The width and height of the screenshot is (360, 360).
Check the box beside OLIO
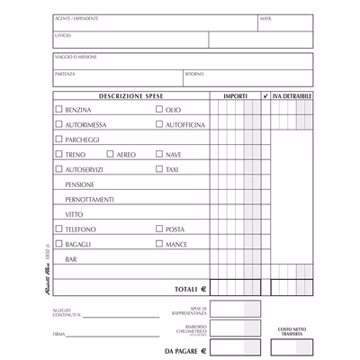pos(159,109)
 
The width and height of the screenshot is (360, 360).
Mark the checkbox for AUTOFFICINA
pos(159,124)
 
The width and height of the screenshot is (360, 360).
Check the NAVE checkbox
pos(159,154)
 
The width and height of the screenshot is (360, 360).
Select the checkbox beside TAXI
pos(159,169)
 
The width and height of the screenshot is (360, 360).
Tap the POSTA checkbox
pos(159,229)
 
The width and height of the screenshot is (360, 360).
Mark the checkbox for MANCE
pos(159,244)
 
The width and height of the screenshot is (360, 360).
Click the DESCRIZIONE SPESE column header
pos(131,94)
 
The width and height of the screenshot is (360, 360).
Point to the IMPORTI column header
pos(236,94)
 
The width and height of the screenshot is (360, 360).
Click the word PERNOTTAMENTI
pos(89,199)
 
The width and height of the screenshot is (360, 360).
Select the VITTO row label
pos(73,214)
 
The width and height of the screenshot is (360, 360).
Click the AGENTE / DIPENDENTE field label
pos(76,18)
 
